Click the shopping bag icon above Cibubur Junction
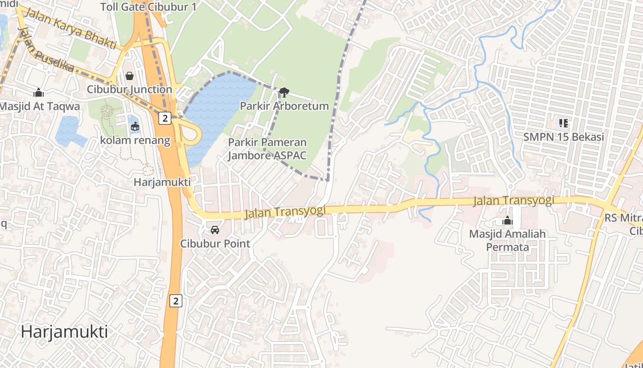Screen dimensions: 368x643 click(x=130, y=76)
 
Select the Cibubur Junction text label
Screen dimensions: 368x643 click(x=130, y=89)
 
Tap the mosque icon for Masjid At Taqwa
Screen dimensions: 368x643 click(x=39, y=93)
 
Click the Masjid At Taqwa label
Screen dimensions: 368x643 click(x=39, y=106)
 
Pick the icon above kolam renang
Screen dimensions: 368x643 click(x=135, y=126)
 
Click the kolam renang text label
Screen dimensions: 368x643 click(x=135, y=140)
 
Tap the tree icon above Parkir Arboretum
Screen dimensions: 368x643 click(x=284, y=92)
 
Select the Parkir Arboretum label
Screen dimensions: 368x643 click(x=284, y=106)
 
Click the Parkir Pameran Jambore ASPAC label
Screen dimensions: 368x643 click(x=267, y=149)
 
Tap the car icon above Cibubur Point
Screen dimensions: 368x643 click(x=214, y=230)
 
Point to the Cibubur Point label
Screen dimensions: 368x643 click(x=215, y=243)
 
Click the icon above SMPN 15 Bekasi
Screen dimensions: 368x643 click(x=564, y=123)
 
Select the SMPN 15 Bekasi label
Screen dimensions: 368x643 click(x=564, y=137)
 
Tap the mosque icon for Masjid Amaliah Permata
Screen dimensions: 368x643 click(x=508, y=220)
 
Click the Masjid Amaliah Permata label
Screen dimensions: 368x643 click(x=508, y=240)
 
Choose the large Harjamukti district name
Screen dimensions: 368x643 click(x=64, y=331)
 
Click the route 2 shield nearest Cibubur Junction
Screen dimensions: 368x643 click(x=165, y=118)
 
